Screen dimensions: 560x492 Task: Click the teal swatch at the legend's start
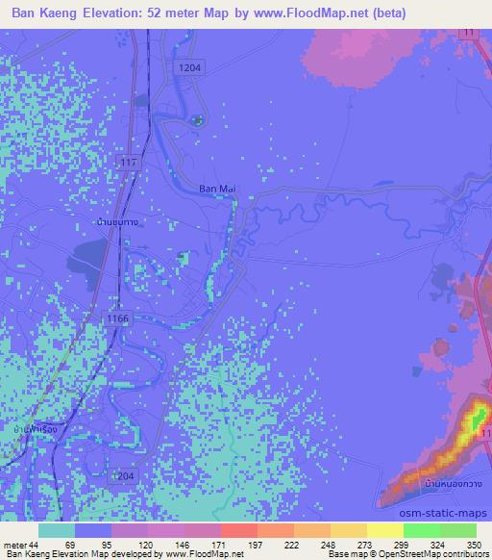coord(57,530)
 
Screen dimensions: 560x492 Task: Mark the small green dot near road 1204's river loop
coord(198,120)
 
